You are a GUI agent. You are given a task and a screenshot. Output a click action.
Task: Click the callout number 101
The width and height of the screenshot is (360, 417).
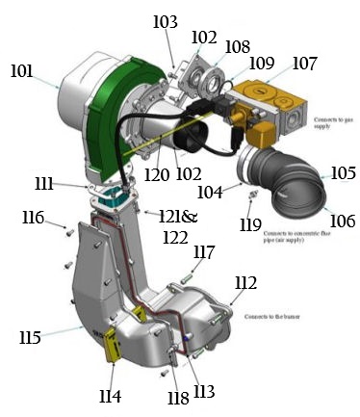click(x=22, y=72)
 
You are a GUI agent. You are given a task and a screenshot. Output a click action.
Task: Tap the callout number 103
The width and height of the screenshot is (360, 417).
click(x=165, y=21)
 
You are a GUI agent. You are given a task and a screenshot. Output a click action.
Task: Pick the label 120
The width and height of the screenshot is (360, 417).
click(x=158, y=177)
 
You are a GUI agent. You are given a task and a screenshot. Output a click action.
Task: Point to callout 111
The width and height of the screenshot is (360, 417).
click(x=71, y=183)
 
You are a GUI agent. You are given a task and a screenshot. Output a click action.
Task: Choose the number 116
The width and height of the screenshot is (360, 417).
click(x=33, y=218)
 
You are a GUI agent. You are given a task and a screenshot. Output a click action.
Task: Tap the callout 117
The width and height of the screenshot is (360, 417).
click(x=203, y=252)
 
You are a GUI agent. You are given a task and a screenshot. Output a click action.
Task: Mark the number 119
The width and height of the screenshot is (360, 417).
click(x=250, y=226)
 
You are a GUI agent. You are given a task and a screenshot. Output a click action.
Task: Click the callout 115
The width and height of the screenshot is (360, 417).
click(x=30, y=337)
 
